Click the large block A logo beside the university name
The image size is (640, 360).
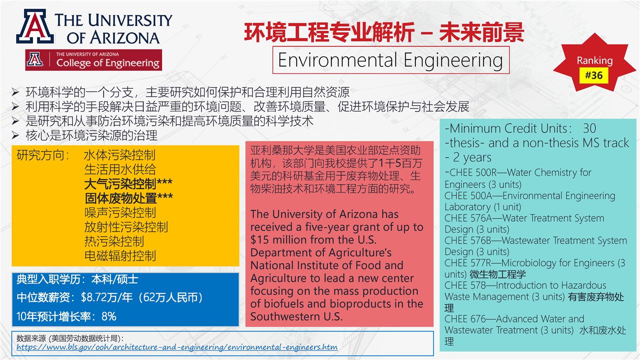point(35,26)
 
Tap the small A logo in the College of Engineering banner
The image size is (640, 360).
point(35,59)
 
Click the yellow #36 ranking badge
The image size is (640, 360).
point(593,75)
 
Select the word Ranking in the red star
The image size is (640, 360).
point(594,60)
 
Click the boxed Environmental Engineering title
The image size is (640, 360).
point(390,60)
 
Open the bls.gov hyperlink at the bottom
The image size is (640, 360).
point(177,347)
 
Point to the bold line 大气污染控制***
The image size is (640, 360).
point(128,184)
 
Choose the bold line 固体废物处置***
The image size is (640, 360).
point(128,198)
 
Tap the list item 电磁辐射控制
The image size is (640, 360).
point(120,255)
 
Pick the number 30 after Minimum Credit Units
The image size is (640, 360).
point(589,128)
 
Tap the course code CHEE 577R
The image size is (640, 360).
point(467,263)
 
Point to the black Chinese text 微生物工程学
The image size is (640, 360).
point(497,274)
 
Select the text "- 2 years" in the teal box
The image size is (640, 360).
point(468,157)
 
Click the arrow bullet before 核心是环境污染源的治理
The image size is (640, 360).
point(15,135)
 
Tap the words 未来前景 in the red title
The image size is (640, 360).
point(481,32)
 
